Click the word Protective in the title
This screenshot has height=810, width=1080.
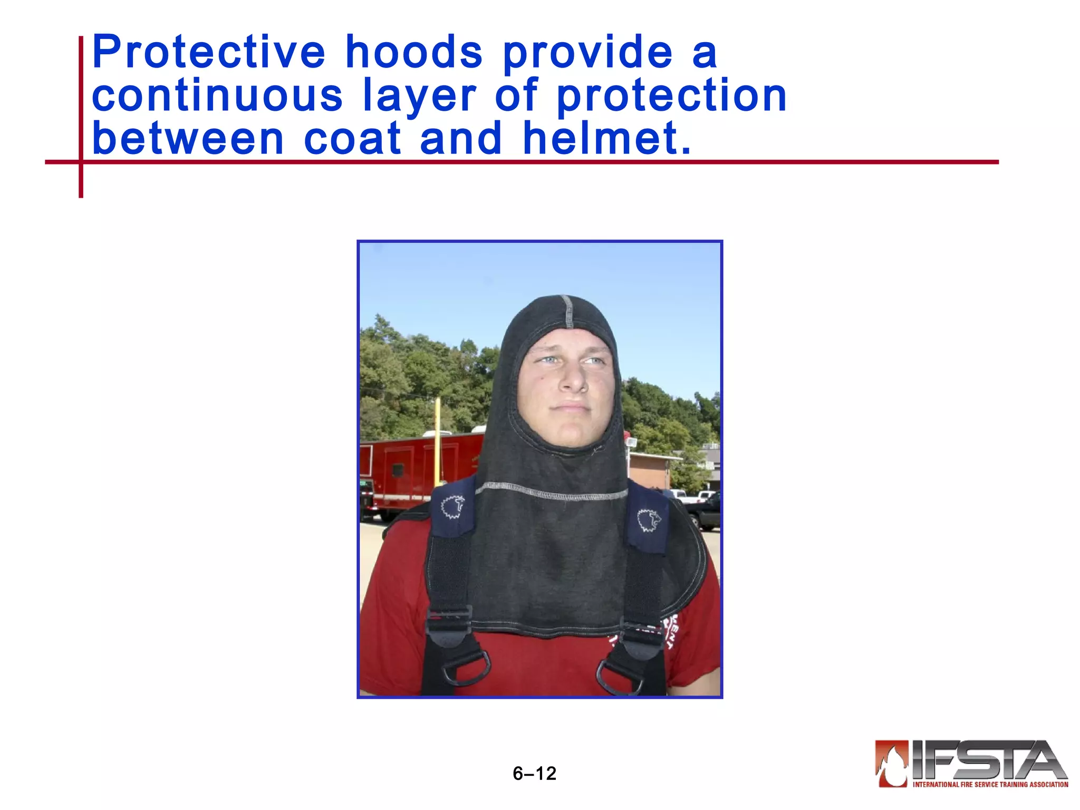coord(209,53)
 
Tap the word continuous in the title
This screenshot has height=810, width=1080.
coord(217,95)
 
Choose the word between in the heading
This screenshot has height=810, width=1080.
coord(188,139)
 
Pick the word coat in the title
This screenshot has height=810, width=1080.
coord(352,139)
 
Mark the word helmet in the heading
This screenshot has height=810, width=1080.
coord(606,139)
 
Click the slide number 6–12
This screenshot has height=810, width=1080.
coord(534,774)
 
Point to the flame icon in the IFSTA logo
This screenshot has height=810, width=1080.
coord(891,763)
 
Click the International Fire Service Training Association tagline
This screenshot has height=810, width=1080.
coord(990,785)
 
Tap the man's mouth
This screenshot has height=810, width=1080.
coord(570,407)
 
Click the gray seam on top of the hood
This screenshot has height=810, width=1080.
coord(568,311)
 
